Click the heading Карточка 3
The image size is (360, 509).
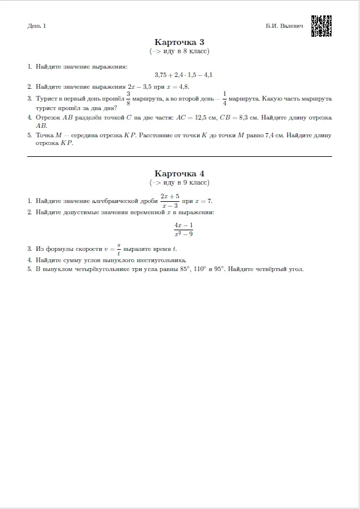[x=179, y=42]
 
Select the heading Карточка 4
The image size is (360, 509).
[x=179, y=173]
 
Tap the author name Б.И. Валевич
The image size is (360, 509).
[x=284, y=26]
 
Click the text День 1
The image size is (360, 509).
[x=36, y=26]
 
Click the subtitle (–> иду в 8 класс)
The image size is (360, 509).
[x=179, y=51]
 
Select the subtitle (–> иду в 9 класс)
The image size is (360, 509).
[x=179, y=182]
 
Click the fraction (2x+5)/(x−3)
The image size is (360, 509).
[x=169, y=201]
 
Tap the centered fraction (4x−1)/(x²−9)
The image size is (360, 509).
[x=184, y=230]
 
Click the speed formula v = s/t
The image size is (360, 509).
[x=112, y=249]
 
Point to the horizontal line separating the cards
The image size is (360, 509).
[x=179, y=156]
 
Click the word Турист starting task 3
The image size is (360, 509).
[x=46, y=99]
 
